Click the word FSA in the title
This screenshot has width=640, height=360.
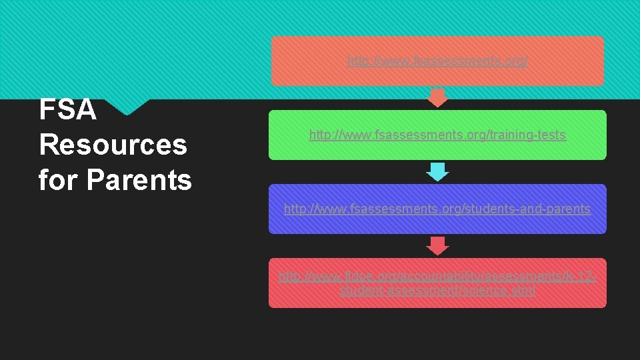(68, 111)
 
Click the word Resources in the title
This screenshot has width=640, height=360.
(113, 145)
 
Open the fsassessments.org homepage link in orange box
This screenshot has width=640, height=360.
(437, 61)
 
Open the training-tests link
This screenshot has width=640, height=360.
(437, 135)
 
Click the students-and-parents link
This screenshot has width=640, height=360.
(437, 209)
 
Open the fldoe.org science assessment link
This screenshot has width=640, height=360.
(437, 283)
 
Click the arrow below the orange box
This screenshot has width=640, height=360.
(437, 98)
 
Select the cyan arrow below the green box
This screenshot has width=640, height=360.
(437, 172)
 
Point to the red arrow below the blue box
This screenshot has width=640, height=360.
(437, 246)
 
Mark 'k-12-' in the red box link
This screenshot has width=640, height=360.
(577, 275)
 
